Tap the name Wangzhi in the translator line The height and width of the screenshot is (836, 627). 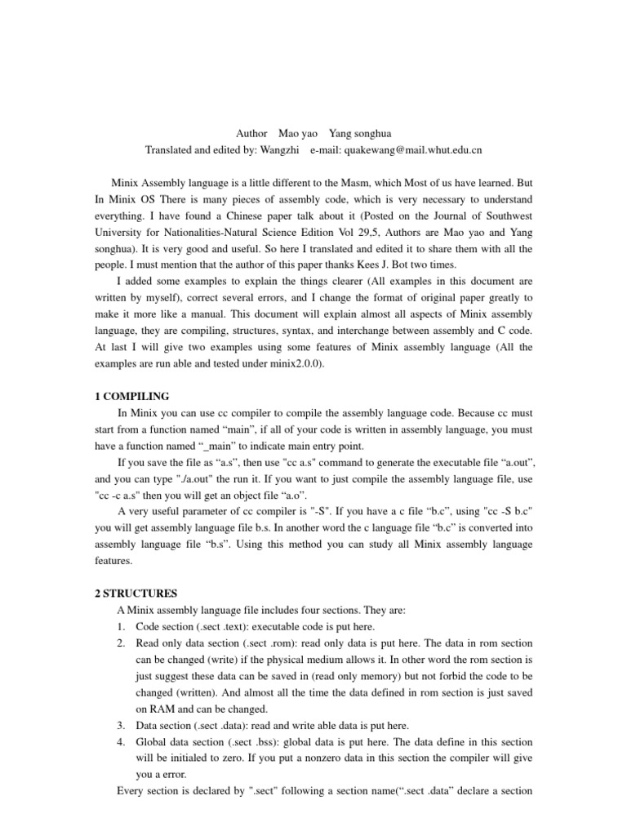[x=282, y=150]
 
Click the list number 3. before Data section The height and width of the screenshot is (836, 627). [x=122, y=725]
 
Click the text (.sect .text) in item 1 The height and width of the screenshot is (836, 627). [x=222, y=626]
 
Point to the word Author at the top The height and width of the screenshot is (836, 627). [x=251, y=133]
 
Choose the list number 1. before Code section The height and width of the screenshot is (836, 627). [x=122, y=626]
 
